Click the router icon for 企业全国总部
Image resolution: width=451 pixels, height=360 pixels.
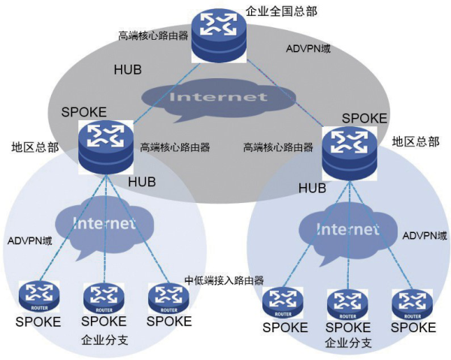coord(219,35)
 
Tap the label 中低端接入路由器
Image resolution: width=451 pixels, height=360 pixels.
coord(224,280)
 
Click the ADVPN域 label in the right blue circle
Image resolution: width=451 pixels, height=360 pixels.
coord(425,236)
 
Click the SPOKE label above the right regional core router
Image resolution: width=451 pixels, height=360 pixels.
coord(365,118)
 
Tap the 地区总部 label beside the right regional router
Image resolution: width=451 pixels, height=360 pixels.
coord(415,141)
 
